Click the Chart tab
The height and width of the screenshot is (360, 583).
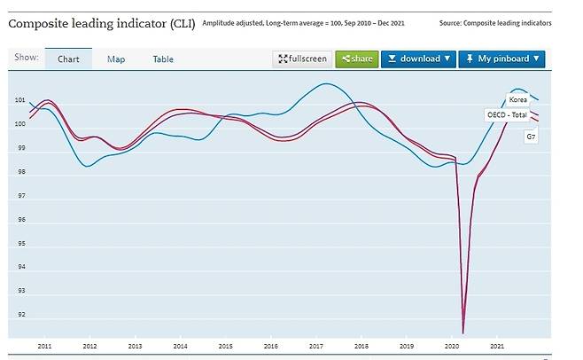[68, 59]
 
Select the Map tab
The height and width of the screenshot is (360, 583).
[116, 59]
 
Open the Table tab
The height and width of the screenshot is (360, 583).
[163, 59]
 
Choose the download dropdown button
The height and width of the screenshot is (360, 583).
[418, 59]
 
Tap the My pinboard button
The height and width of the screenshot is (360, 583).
[501, 59]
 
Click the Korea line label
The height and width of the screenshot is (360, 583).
[517, 100]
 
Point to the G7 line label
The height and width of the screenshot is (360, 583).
[532, 137]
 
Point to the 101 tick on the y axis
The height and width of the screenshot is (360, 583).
[21, 101]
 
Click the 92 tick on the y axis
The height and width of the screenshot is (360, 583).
[21, 315]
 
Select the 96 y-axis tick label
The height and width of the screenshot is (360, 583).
[21, 220]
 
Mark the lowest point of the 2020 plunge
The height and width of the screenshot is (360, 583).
[463, 333]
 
